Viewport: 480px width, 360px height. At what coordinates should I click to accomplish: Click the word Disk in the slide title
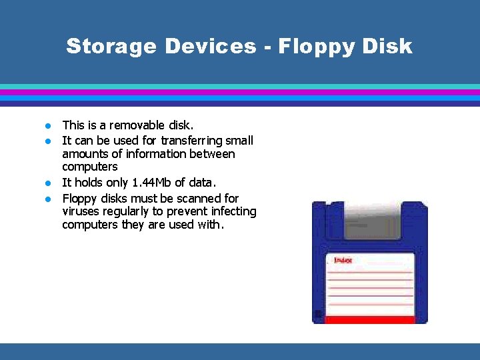click(389, 46)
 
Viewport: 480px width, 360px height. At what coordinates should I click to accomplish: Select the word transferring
click(192, 141)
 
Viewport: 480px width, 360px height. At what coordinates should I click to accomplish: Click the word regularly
click(128, 211)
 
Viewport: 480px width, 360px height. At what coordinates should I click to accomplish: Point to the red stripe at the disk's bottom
click(371, 319)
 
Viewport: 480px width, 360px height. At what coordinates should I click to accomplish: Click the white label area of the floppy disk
click(371, 287)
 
